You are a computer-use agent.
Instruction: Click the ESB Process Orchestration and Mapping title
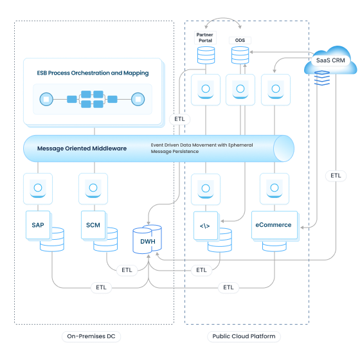(x=93, y=73)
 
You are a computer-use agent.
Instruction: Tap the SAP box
(x=38, y=225)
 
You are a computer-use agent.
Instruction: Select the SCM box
(x=93, y=225)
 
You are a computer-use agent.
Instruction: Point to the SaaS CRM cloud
(x=331, y=60)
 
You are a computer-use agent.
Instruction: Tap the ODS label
(x=240, y=40)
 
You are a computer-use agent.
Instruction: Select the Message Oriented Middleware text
(x=82, y=148)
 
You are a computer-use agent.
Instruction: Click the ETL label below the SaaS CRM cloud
(x=336, y=175)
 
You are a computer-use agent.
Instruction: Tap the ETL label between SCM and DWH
(x=127, y=270)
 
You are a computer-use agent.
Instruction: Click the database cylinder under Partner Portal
(x=206, y=56)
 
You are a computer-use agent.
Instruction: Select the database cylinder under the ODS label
(x=240, y=56)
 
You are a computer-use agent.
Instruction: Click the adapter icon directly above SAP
(x=38, y=188)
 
